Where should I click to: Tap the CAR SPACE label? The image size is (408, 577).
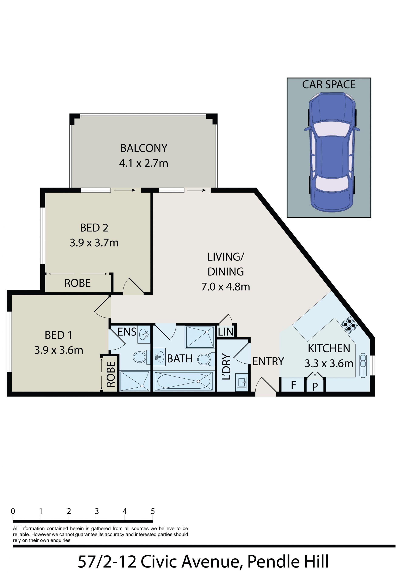coord(329,85)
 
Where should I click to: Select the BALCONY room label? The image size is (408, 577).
coord(144,148)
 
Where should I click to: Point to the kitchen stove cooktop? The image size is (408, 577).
coord(349,325)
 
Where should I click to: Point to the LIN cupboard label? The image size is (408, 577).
coord(226,332)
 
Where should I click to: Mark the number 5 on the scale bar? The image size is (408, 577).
coord(153,511)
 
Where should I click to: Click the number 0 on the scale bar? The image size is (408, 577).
coord(13,511)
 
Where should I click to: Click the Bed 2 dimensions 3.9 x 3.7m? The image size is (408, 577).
coord(94,243)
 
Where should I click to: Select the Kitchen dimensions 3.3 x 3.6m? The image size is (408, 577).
coord(329,363)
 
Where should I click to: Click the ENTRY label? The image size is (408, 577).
coord(268,361)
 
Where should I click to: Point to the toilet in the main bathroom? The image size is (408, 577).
coord(206,359)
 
